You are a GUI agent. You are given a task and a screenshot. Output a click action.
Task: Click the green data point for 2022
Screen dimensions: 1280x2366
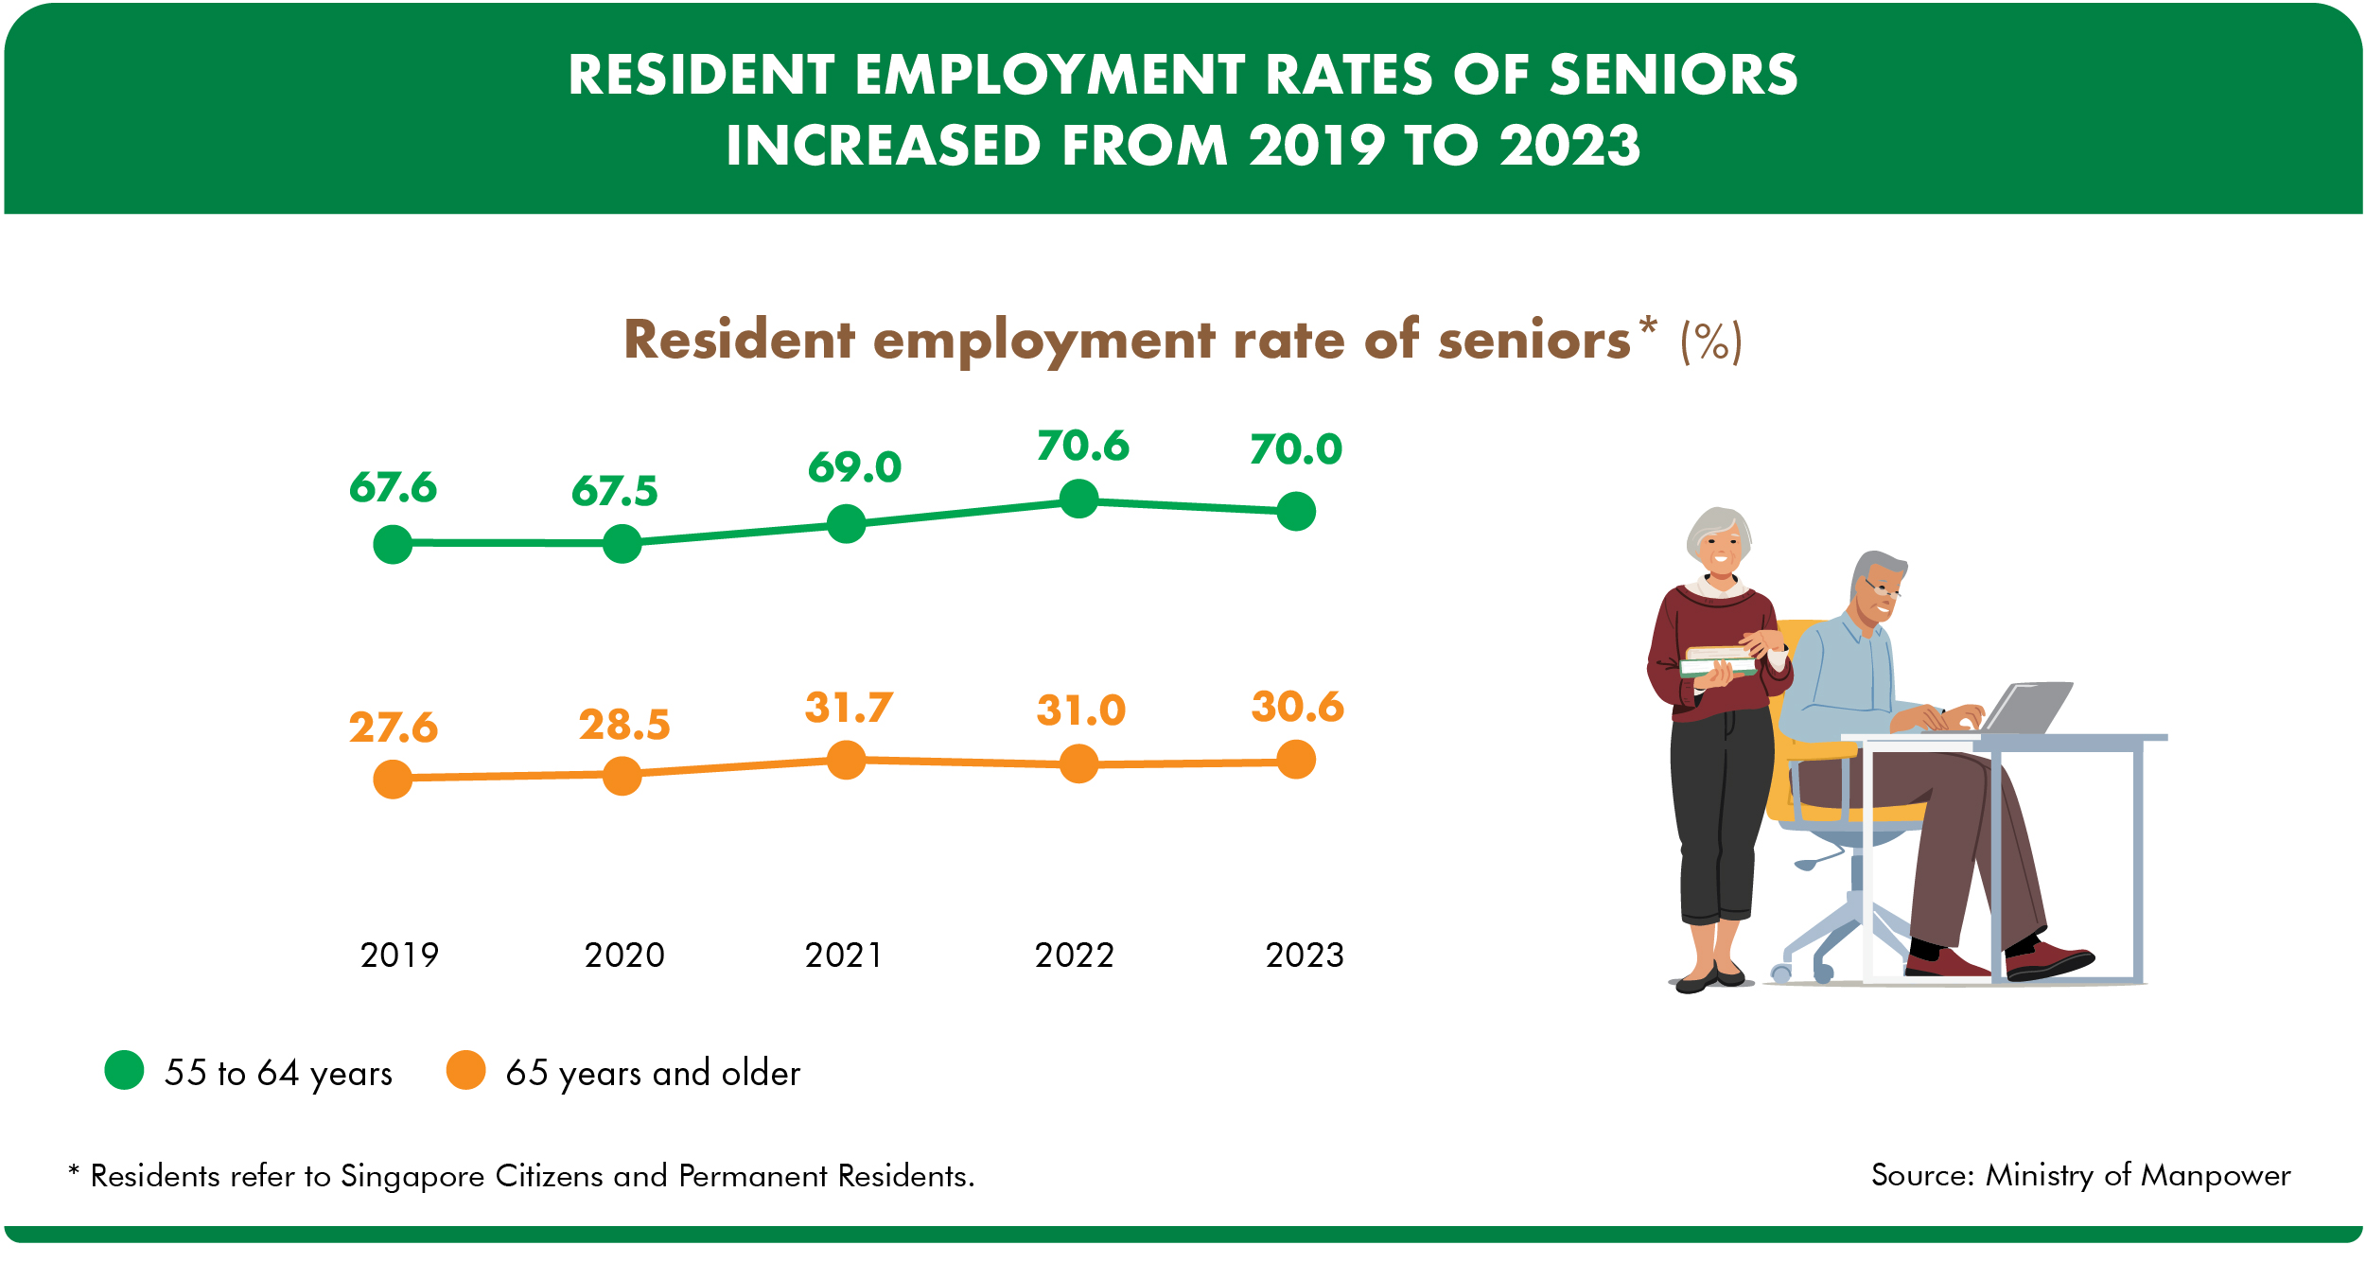[x=1078, y=499]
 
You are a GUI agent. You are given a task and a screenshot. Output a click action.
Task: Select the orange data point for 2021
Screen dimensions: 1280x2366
[x=846, y=760]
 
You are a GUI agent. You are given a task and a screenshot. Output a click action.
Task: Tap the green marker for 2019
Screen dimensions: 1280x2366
[x=393, y=544]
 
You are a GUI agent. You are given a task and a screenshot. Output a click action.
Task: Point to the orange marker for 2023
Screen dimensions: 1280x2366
[x=1296, y=760]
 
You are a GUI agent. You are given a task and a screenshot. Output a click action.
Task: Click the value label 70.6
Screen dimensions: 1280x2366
[x=1082, y=446]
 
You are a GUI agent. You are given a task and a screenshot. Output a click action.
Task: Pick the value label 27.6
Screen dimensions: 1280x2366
[x=393, y=728]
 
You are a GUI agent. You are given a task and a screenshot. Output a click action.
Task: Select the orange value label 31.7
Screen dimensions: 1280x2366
[x=849, y=708]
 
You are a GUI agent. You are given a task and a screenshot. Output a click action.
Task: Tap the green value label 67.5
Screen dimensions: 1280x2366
[x=614, y=491]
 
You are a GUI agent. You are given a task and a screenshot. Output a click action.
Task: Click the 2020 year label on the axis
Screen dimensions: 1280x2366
[x=624, y=956]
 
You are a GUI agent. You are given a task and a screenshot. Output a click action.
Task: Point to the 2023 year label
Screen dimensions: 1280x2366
[x=1305, y=956]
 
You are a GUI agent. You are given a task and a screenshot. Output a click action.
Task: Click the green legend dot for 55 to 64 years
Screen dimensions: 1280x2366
[x=124, y=1070]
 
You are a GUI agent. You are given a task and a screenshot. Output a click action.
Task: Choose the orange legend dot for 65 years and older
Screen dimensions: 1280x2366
[x=465, y=1070]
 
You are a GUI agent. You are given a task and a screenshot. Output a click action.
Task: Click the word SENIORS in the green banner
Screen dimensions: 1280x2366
[x=1673, y=75]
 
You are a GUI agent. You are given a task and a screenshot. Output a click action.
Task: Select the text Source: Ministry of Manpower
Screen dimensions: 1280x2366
[x=2080, y=1175]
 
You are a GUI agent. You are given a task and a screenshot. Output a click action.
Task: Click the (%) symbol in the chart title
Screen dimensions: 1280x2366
[x=1710, y=342]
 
